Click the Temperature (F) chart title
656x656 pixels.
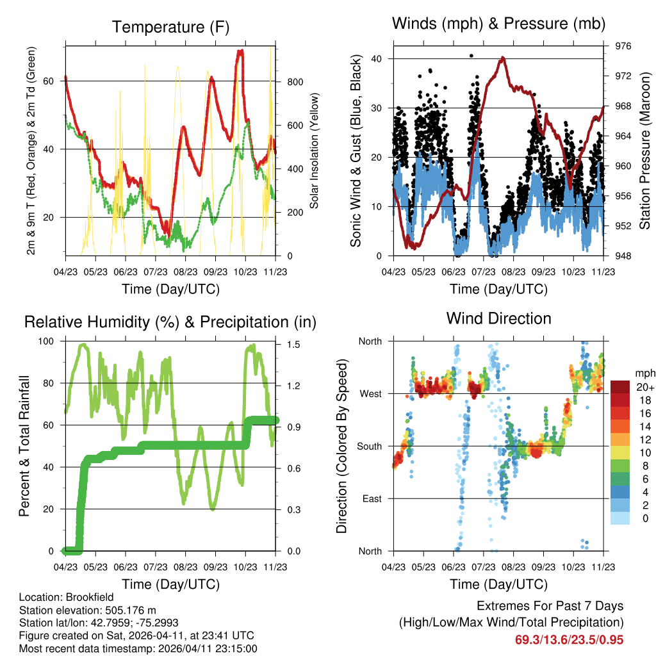[170, 27]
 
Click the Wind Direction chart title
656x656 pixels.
[498, 318]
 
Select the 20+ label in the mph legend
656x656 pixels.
[643, 387]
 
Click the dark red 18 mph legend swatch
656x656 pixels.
[620, 399]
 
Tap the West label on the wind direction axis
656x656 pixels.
[370, 393]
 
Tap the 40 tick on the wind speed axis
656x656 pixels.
[377, 59]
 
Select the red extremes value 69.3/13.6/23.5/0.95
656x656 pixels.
[569, 639]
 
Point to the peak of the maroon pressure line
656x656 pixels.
[503, 58]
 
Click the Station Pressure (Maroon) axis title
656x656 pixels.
[644, 151]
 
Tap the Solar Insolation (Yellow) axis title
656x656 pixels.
[315, 151]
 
